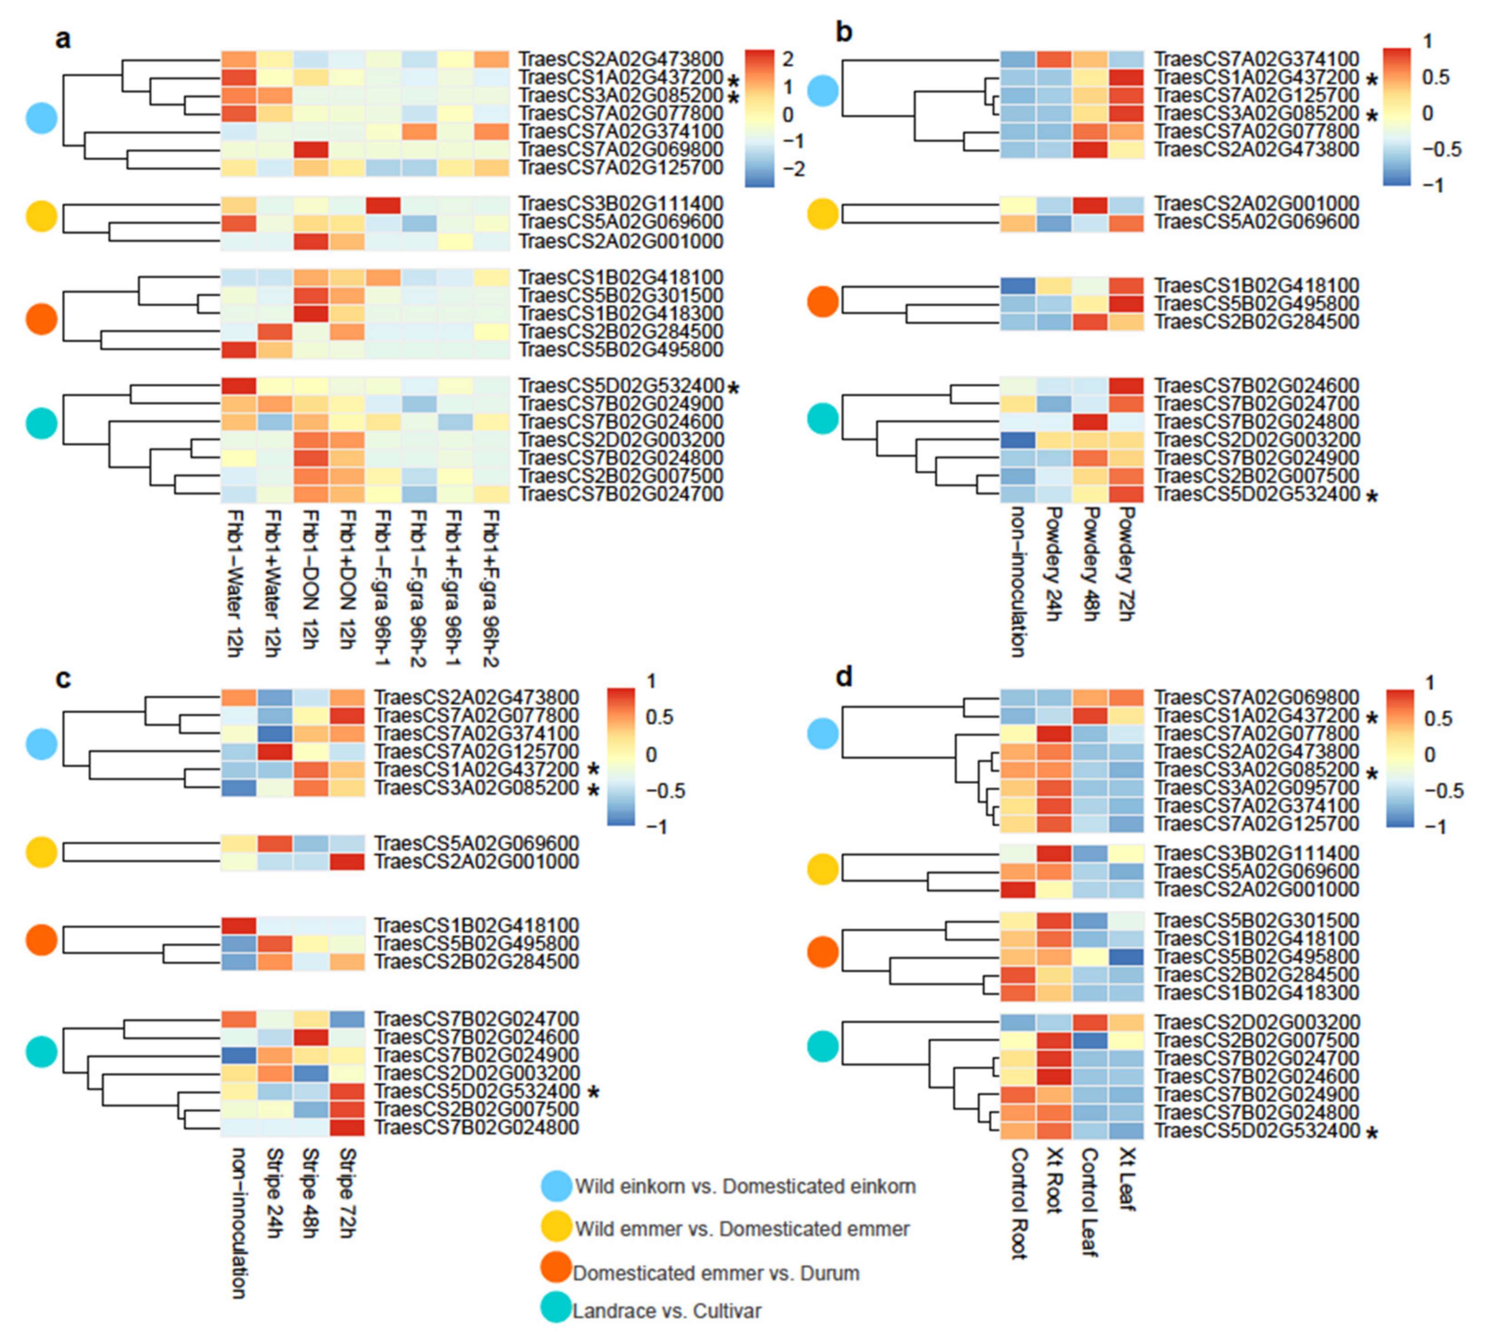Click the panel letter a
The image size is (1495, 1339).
point(63,38)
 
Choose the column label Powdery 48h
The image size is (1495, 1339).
point(1089,563)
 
